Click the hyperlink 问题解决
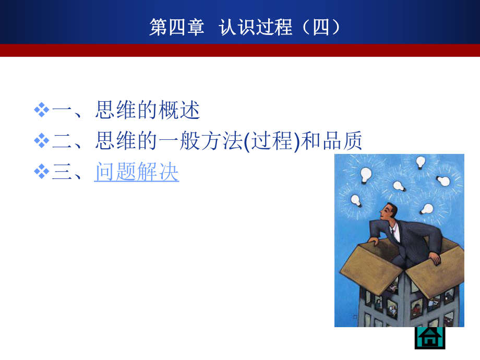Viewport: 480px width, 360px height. [x=137, y=172]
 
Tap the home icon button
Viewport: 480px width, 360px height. [x=430, y=338]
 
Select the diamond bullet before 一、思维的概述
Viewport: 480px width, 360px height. [x=41, y=110]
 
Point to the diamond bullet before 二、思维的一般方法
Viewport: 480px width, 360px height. [x=41, y=141]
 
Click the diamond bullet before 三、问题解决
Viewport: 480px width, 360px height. [x=41, y=172]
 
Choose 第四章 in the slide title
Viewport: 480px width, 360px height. [x=176, y=27]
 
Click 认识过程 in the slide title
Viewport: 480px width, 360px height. [x=256, y=27]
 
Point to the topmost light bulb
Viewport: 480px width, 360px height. [x=421, y=161]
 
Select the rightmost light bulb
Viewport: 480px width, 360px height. [x=443, y=181]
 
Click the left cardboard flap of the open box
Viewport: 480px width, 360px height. [x=368, y=266]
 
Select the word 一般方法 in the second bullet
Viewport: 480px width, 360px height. [x=204, y=141]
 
